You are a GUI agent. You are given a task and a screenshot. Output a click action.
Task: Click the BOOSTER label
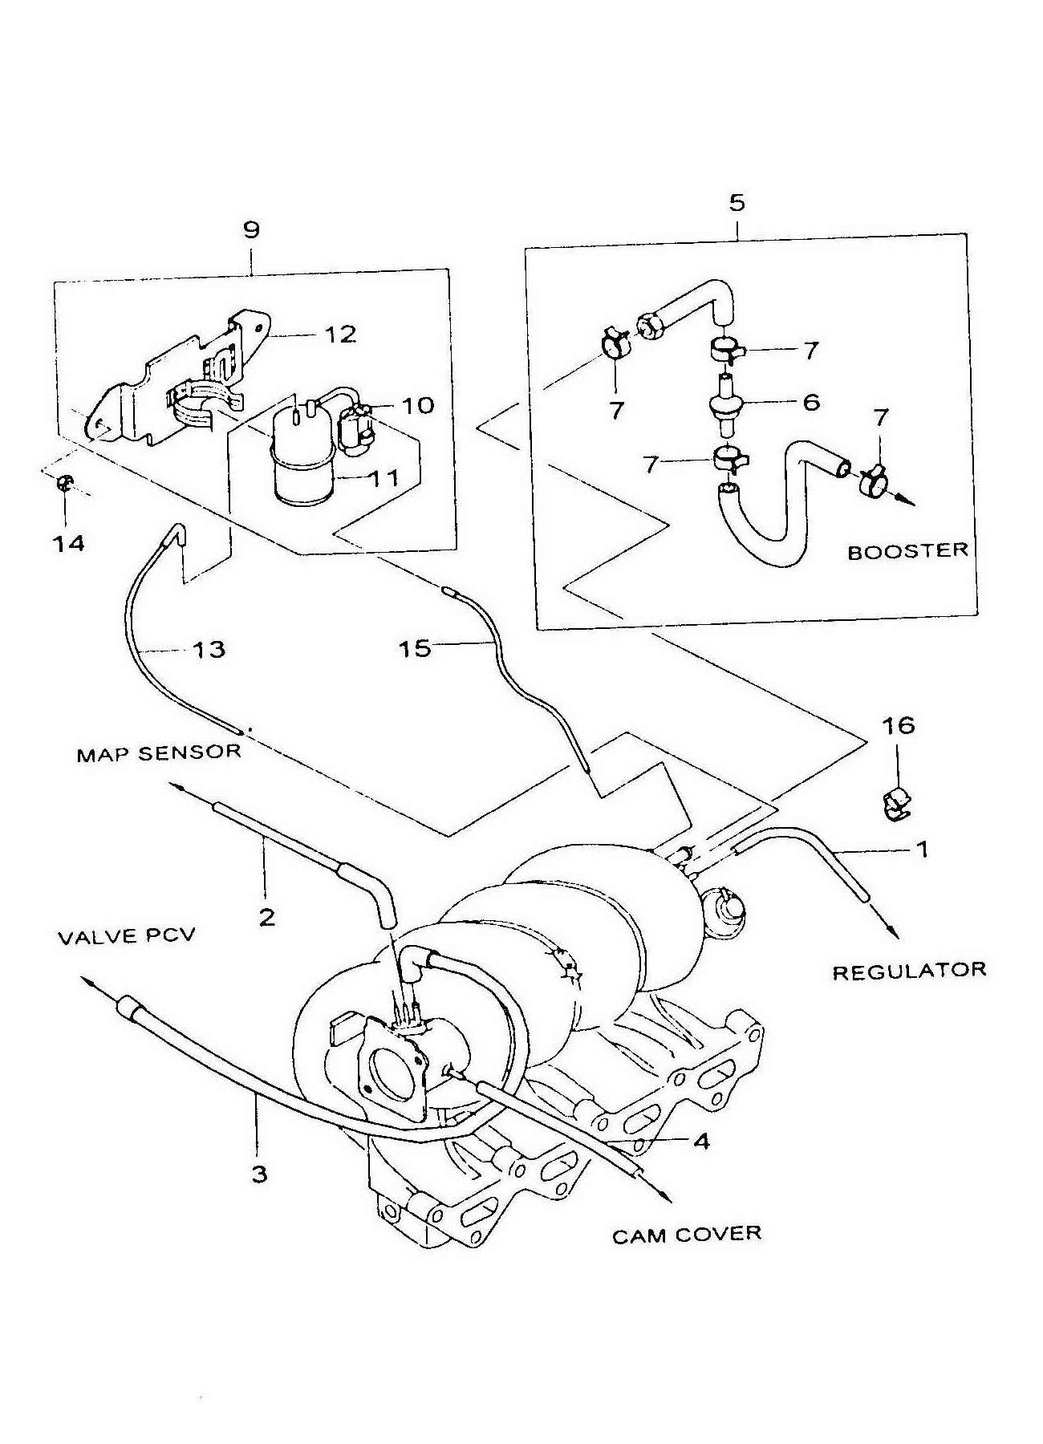coord(907,551)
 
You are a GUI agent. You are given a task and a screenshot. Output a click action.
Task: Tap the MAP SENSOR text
coord(159,753)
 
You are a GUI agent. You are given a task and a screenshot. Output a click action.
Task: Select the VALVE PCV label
coord(126,936)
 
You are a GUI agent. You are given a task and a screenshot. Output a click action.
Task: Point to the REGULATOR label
coord(909,971)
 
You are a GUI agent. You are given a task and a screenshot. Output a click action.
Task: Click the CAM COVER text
coord(686,1235)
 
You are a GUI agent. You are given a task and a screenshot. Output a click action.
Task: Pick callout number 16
coord(899,725)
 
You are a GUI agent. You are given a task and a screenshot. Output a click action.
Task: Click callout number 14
coord(69,543)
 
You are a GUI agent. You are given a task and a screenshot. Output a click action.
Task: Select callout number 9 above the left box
coord(251,230)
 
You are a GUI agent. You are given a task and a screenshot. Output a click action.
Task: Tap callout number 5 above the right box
coord(737,202)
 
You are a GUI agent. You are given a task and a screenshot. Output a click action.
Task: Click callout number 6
coord(811,402)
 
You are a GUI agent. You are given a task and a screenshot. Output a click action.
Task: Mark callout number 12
coord(340,334)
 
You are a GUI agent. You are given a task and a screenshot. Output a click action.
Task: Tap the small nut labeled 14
coord(66,484)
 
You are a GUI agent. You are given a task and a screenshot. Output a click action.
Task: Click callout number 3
coord(258,1174)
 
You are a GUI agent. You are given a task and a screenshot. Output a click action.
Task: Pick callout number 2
coord(266,915)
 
